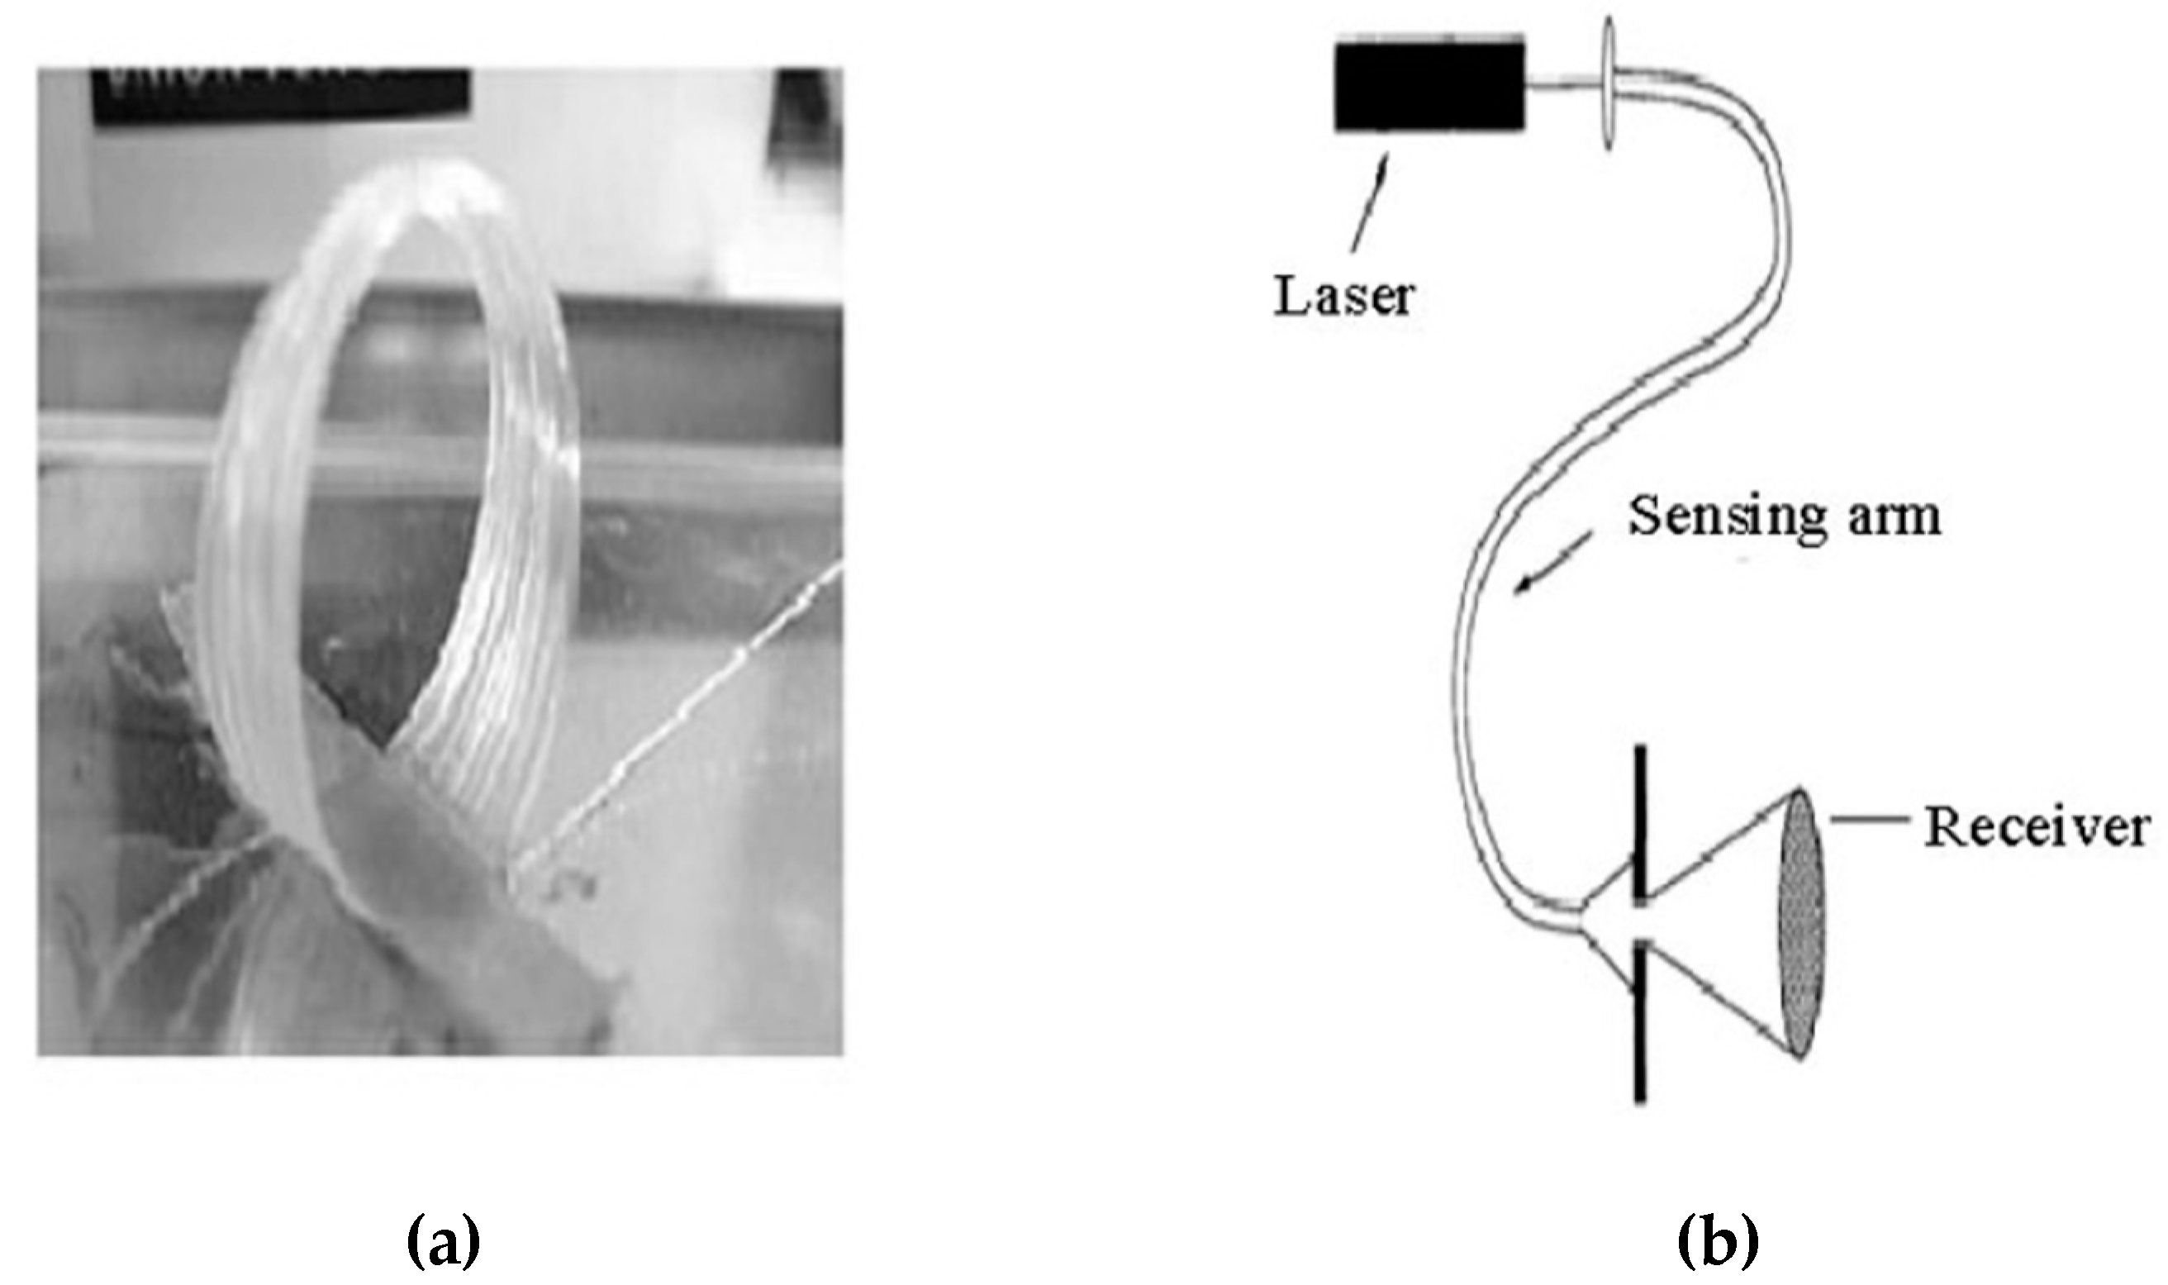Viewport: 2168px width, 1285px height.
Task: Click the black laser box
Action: click(1429, 86)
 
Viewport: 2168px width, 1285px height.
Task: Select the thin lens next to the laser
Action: click(1608, 85)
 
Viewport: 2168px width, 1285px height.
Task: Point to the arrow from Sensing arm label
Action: click(1552, 564)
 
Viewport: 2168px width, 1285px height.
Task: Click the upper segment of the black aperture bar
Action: click(1639, 822)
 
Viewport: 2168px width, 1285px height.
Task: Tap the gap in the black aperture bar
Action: click(1639, 921)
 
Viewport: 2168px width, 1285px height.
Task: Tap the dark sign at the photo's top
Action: click(280, 95)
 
